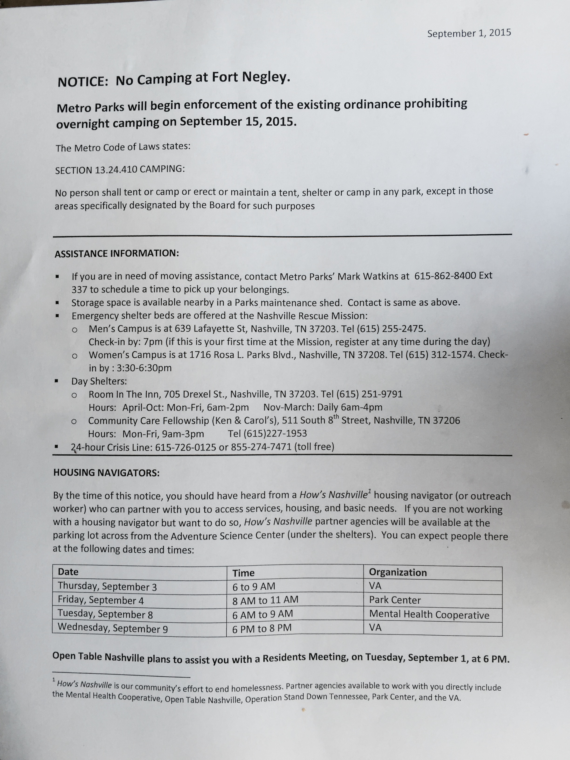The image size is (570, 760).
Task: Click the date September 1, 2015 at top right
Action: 469,33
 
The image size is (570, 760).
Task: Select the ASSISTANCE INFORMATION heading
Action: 117,254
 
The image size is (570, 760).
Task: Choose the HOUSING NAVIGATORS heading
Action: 106,473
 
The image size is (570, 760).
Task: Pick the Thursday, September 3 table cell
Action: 107,586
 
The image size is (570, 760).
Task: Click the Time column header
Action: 243,573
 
